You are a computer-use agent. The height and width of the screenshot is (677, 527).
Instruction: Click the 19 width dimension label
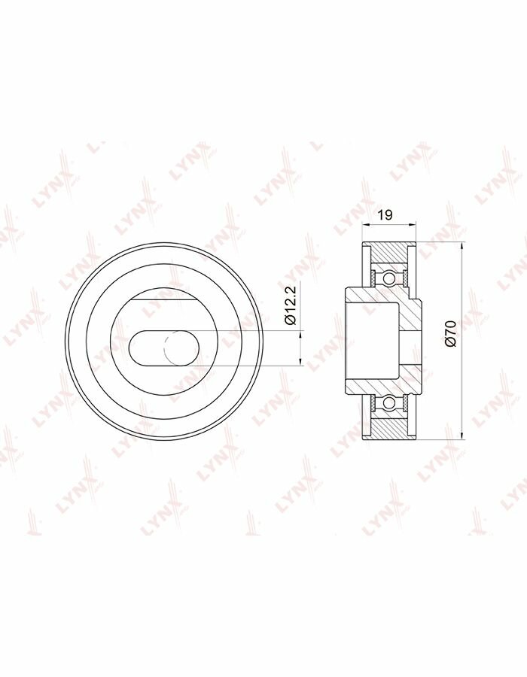point(385,214)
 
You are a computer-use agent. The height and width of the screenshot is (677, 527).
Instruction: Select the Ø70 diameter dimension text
point(450,332)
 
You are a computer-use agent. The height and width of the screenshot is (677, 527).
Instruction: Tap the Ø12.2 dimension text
point(290,305)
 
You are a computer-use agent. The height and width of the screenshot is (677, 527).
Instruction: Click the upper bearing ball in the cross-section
point(388,276)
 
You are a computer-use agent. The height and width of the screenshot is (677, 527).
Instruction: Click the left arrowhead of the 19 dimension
point(365,224)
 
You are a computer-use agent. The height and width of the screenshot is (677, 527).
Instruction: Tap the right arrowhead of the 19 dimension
point(413,224)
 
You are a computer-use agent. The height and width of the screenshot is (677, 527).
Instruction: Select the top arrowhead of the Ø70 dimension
point(462,246)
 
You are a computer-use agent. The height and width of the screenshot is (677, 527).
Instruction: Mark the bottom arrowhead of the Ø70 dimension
point(462,436)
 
